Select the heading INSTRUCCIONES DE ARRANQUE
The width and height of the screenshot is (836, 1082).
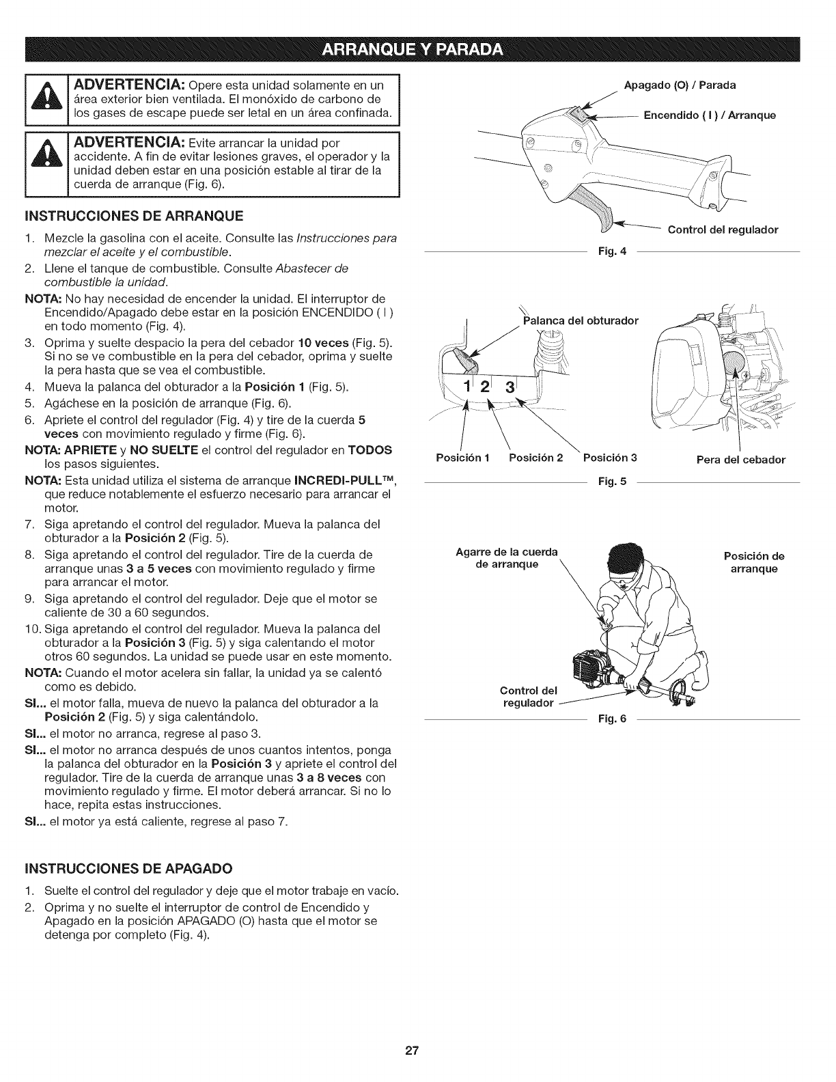tap(124, 217)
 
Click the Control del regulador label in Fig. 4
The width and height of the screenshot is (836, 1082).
tap(723, 230)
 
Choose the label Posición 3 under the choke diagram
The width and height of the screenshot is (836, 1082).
tap(609, 458)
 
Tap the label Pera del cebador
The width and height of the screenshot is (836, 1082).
tap(740, 460)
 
